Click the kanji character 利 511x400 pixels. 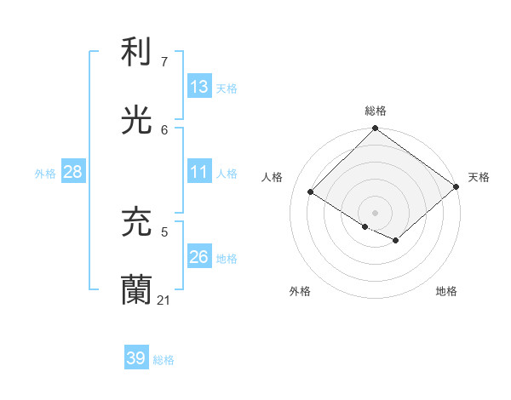point(137,52)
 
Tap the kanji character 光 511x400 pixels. point(137,121)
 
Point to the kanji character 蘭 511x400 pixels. point(137,290)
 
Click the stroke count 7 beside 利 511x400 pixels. point(164,62)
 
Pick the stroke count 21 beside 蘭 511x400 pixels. point(164,300)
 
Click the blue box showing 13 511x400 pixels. point(199,87)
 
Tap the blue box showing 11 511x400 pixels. point(199,172)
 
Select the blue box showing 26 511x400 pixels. point(199,257)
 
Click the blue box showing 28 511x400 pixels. point(73,172)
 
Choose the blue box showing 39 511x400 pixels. point(136,358)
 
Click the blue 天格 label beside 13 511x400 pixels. point(227,89)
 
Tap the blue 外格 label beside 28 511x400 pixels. point(45,174)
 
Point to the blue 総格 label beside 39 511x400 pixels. point(164,360)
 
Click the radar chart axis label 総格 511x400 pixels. point(376,111)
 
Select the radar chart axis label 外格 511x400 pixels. point(300,291)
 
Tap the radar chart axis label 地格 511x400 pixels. point(446,291)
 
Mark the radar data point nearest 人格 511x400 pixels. point(311,192)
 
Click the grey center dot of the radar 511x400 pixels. point(376,212)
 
